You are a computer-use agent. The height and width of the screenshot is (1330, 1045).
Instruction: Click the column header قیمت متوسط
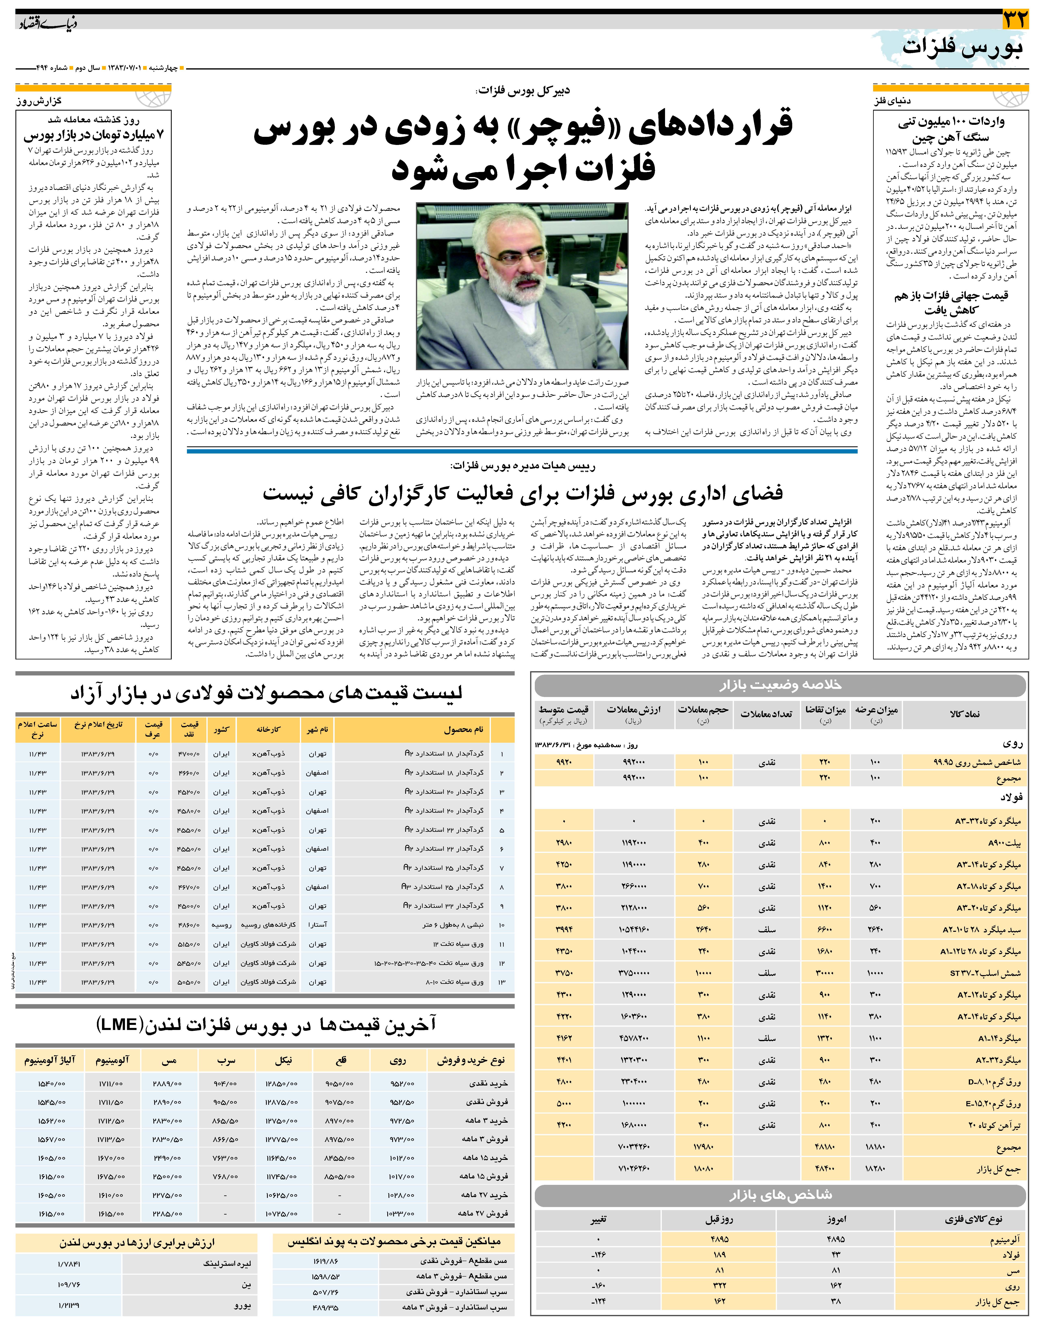click(x=563, y=710)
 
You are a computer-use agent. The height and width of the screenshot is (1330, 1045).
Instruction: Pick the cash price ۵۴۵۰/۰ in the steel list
click(x=188, y=963)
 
